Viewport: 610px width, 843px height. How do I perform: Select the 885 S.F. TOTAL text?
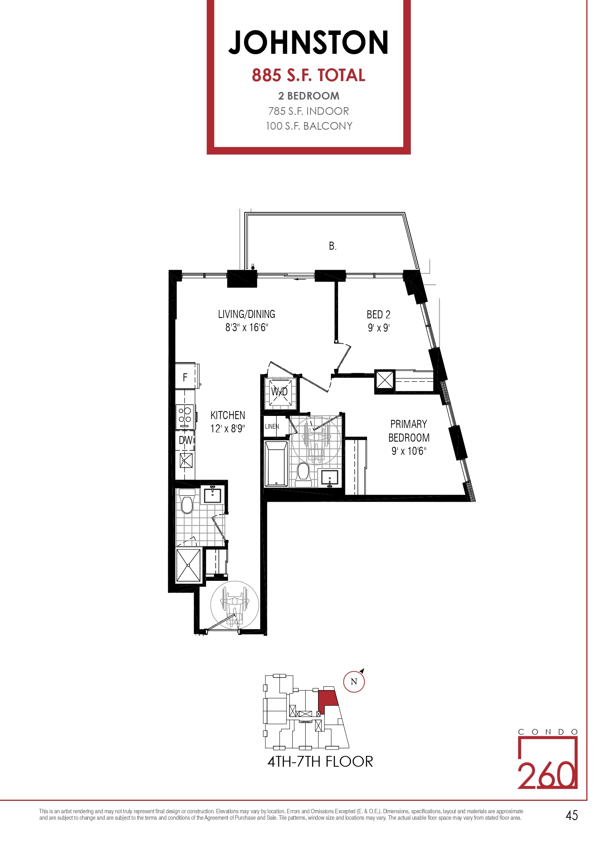pos(308,75)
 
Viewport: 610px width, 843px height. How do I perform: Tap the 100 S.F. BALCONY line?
pos(309,126)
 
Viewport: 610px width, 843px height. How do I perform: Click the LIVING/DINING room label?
pos(247,314)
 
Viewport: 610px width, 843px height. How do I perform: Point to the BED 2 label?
pos(378,314)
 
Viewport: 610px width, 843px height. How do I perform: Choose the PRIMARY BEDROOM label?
pos(409,431)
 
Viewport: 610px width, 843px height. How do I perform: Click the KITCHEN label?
pos(228,415)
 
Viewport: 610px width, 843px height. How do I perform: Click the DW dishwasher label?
pos(185,440)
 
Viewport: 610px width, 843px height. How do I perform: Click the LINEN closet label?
pos(272,426)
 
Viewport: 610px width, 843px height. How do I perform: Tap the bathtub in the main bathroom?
pos(276,464)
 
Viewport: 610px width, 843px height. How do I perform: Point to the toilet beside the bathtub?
pos(303,472)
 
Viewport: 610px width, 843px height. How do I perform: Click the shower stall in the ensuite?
pos(188,565)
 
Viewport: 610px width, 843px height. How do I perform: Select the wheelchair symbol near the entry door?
pos(235,605)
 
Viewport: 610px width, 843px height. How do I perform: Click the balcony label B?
pos(333,246)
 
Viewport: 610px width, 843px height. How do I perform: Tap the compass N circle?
pos(354,682)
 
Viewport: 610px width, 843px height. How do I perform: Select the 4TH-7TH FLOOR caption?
pos(320,762)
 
